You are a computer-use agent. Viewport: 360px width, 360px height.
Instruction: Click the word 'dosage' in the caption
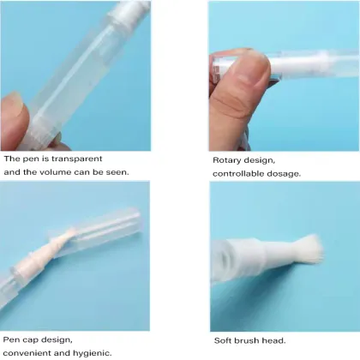[x=282, y=173]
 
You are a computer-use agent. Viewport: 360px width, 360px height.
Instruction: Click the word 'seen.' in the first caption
[x=117, y=172]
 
